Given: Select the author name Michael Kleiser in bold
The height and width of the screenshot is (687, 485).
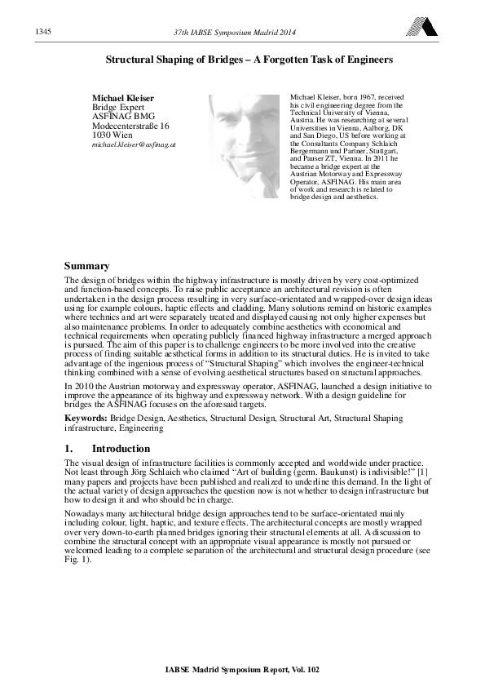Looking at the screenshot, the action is click(x=121, y=98).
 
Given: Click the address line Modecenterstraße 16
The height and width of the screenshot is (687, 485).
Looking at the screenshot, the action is click(x=130, y=126).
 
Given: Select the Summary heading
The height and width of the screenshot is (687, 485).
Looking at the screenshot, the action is click(x=87, y=265).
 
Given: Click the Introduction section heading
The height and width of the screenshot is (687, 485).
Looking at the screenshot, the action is click(x=121, y=449).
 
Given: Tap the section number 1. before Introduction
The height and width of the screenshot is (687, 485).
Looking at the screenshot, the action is click(x=69, y=449).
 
